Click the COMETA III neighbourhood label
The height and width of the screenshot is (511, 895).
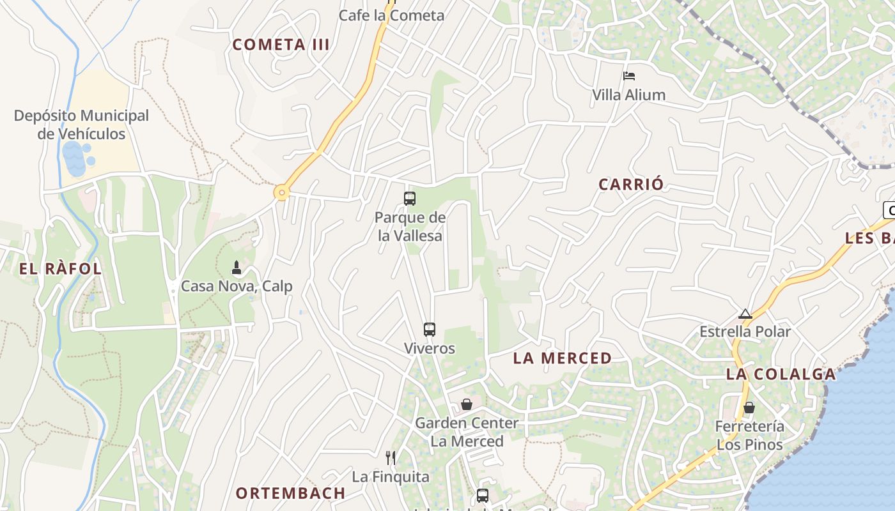point(281,45)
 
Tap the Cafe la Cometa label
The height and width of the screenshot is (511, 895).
point(391,15)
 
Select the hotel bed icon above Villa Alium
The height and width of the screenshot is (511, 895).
point(629,76)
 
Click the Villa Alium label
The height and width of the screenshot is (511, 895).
point(628,95)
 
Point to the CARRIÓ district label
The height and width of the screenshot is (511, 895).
point(631,184)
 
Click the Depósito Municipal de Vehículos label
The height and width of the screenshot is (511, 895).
point(81,125)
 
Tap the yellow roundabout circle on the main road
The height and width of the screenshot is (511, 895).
point(281,192)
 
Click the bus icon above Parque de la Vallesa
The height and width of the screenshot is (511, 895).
point(410,199)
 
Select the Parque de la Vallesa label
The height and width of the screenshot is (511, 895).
point(410,227)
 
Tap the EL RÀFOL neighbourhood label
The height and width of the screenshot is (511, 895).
point(61,269)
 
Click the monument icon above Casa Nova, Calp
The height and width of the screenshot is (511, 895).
point(237,268)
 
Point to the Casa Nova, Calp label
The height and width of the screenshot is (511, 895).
point(237,286)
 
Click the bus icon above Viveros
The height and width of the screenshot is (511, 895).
point(430,330)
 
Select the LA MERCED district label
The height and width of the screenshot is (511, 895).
point(563,358)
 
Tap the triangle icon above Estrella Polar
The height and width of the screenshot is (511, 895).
point(745,314)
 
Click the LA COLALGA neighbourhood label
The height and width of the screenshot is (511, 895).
point(781,374)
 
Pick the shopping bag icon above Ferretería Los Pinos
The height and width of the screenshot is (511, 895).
point(749,407)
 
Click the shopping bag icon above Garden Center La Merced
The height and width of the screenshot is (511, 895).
point(467,404)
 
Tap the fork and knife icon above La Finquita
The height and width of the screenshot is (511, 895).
point(391,457)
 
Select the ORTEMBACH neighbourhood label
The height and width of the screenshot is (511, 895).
point(291,493)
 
